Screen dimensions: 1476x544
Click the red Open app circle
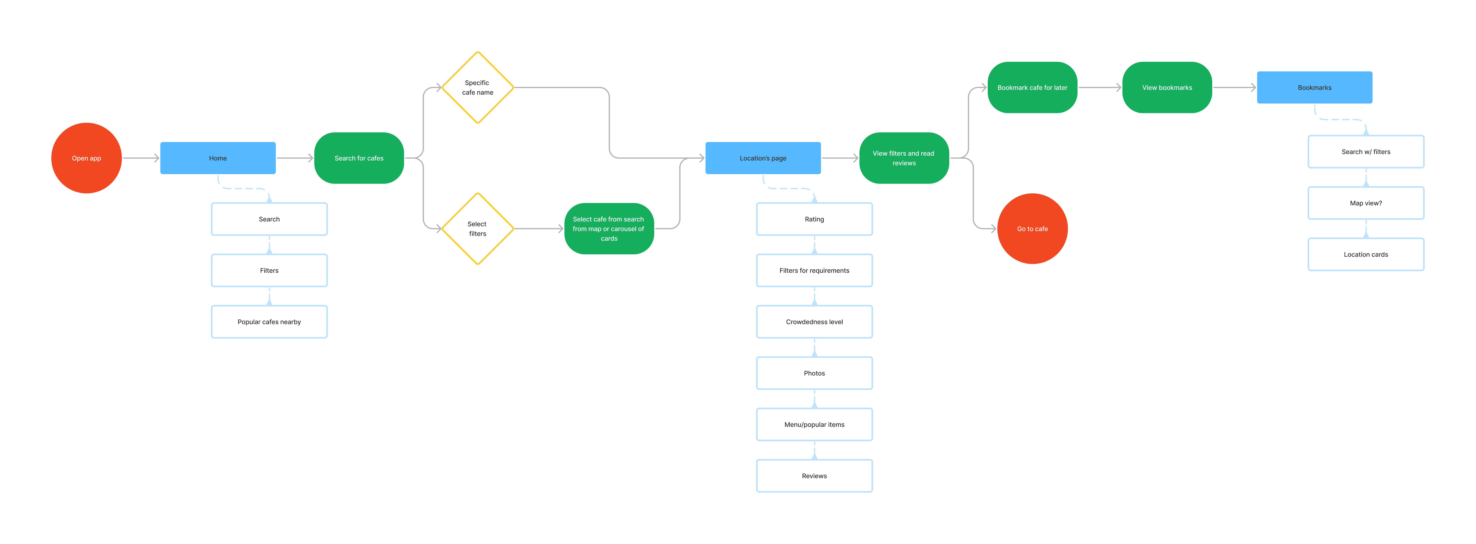pyautogui.click(x=87, y=158)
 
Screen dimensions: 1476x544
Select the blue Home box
pyautogui.click(x=218, y=158)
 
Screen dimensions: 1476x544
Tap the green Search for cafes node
pyautogui.click(x=359, y=158)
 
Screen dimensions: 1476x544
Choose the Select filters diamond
pyautogui.click(x=478, y=229)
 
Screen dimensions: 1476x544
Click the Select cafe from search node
pyautogui.click(x=609, y=229)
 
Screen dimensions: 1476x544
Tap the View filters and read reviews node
pyautogui.click(x=904, y=158)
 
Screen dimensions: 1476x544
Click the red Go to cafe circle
pyautogui.click(x=1032, y=229)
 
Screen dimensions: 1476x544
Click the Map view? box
pyautogui.click(x=1366, y=203)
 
